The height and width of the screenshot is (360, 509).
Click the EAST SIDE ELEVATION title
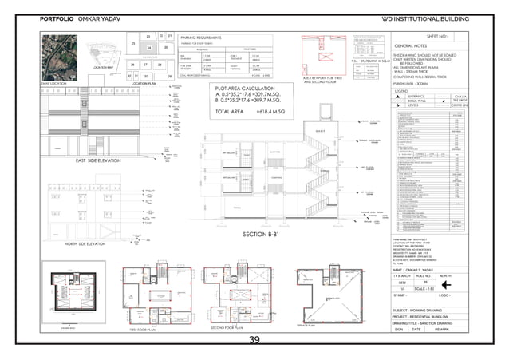tap(89, 160)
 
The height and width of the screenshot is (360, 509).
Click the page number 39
tap(254, 341)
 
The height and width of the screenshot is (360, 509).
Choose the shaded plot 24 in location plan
tap(148, 48)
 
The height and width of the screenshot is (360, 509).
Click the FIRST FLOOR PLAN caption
tap(146, 328)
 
